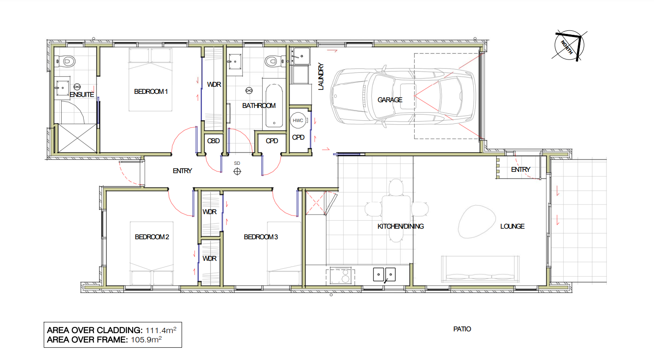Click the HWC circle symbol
point(298,120)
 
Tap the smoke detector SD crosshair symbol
point(237,171)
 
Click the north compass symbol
point(569,46)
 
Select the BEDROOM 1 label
point(151,92)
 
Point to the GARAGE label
point(390,100)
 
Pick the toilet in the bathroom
point(275,61)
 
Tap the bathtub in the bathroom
point(274,106)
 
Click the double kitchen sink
point(384,275)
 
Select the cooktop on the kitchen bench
point(340,276)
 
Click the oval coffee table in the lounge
point(477,222)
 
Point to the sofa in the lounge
point(480,269)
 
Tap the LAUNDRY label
point(321,77)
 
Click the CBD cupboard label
point(213,141)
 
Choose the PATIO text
point(462,329)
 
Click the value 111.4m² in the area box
point(161,330)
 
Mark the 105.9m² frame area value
point(146,340)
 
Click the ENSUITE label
point(82,95)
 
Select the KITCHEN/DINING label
point(401,226)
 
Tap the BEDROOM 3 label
point(261,237)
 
